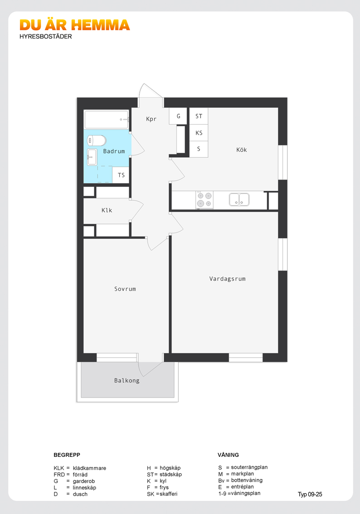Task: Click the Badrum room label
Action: point(114,151)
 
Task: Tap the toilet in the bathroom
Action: point(97,141)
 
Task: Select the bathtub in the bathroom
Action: point(107,120)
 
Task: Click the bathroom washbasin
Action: point(92,157)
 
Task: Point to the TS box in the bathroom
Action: point(121,175)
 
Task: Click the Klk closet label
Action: point(107,210)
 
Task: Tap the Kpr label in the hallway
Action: point(151,119)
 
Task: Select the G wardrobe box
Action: point(178,116)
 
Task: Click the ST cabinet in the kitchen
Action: point(199,116)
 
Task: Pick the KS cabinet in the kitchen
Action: point(199,133)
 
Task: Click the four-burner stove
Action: point(204,199)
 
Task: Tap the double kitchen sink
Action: point(239,199)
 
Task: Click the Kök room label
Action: point(242,150)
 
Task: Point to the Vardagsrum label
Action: point(228,279)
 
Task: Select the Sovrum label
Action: point(125,289)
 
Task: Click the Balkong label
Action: point(127,381)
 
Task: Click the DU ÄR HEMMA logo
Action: point(75,25)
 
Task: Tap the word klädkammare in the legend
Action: point(89,468)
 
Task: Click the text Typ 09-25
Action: point(310,495)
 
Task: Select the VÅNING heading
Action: point(228,455)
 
